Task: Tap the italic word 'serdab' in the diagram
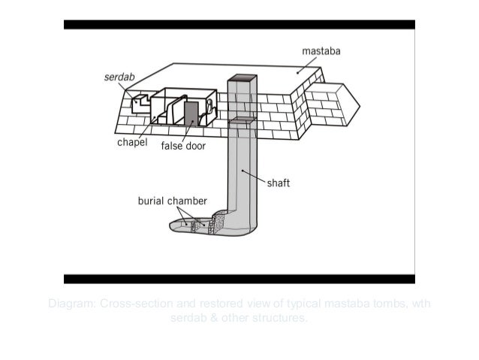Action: (118, 77)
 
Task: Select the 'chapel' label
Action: (132, 142)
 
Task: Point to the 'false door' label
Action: (184, 146)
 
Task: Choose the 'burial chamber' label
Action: (172, 201)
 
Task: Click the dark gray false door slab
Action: (191, 113)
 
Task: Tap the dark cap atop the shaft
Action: (243, 78)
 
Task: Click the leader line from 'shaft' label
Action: (255, 177)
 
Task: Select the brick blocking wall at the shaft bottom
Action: (217, 222)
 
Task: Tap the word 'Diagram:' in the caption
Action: (72, 304)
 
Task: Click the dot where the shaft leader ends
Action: (242, 171)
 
